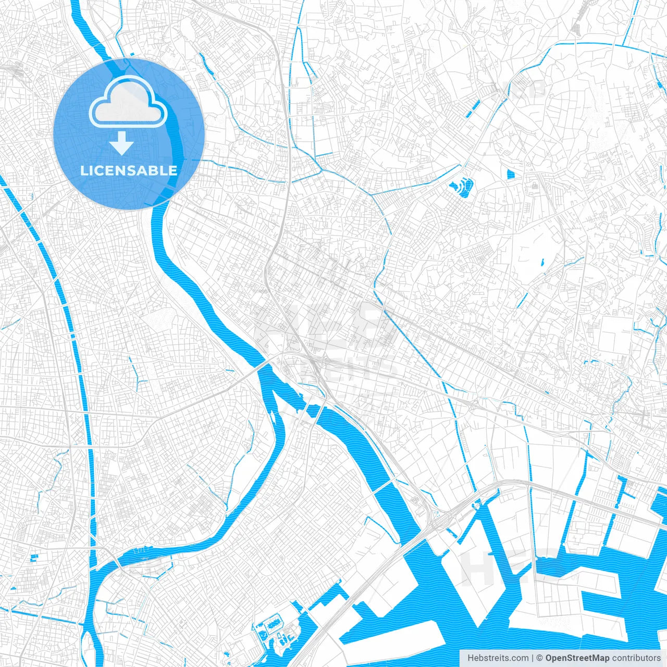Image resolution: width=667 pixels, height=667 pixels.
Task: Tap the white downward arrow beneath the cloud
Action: pos(122,143)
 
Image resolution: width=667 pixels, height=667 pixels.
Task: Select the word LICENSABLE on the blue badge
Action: pos(129,170)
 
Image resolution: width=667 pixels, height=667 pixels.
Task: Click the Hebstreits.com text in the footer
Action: pos(498,658)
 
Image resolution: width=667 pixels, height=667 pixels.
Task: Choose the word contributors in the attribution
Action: pos(636,658)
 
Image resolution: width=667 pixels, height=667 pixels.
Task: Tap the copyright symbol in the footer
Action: pos(539,658)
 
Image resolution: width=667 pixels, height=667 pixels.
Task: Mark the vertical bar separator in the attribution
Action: pos(533,658)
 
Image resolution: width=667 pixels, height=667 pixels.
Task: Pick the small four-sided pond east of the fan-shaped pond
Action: pos(510,175)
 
